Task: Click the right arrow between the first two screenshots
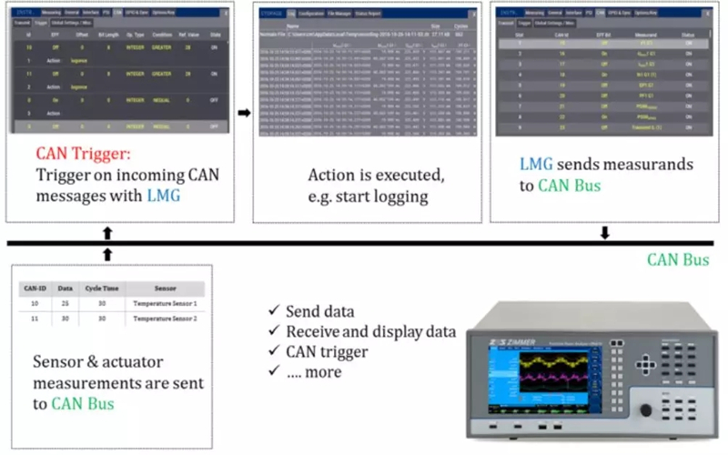click(243, 113)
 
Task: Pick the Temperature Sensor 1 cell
click(164, 301)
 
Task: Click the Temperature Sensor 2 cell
click(164, 318)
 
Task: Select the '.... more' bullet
click(313, 371)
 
